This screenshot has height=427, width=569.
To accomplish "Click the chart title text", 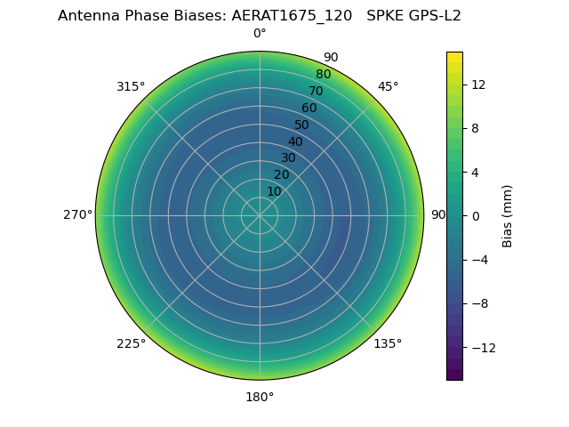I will coord(260,15).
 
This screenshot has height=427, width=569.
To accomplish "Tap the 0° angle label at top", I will coord(260,34).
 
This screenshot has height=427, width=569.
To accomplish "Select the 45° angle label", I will coord(388,86).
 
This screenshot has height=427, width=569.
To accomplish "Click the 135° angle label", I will coord(388,343).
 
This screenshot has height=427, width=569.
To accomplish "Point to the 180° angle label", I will coord(260,397).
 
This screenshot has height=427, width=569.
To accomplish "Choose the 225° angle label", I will coord(131,343).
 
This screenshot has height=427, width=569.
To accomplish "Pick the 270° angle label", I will coord(78,214).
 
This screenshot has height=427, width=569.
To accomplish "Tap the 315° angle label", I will coord(131,86).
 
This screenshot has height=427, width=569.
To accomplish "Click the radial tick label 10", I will coord(274,191).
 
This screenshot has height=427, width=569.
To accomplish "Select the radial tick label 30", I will coord(288,158).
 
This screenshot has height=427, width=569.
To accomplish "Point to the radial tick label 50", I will coord(302,125).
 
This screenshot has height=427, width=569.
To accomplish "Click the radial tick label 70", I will coord(316,92).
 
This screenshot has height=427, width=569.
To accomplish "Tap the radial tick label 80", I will coord(323,75).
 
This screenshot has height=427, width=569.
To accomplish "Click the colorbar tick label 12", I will coord(477,85).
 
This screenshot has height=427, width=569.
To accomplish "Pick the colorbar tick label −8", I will coord(477,303).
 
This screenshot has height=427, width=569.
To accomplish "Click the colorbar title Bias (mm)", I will coord(508,215).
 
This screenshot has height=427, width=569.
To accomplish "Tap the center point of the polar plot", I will coord(260,215).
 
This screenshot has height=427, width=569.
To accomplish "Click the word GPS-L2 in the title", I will coord(432,15).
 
